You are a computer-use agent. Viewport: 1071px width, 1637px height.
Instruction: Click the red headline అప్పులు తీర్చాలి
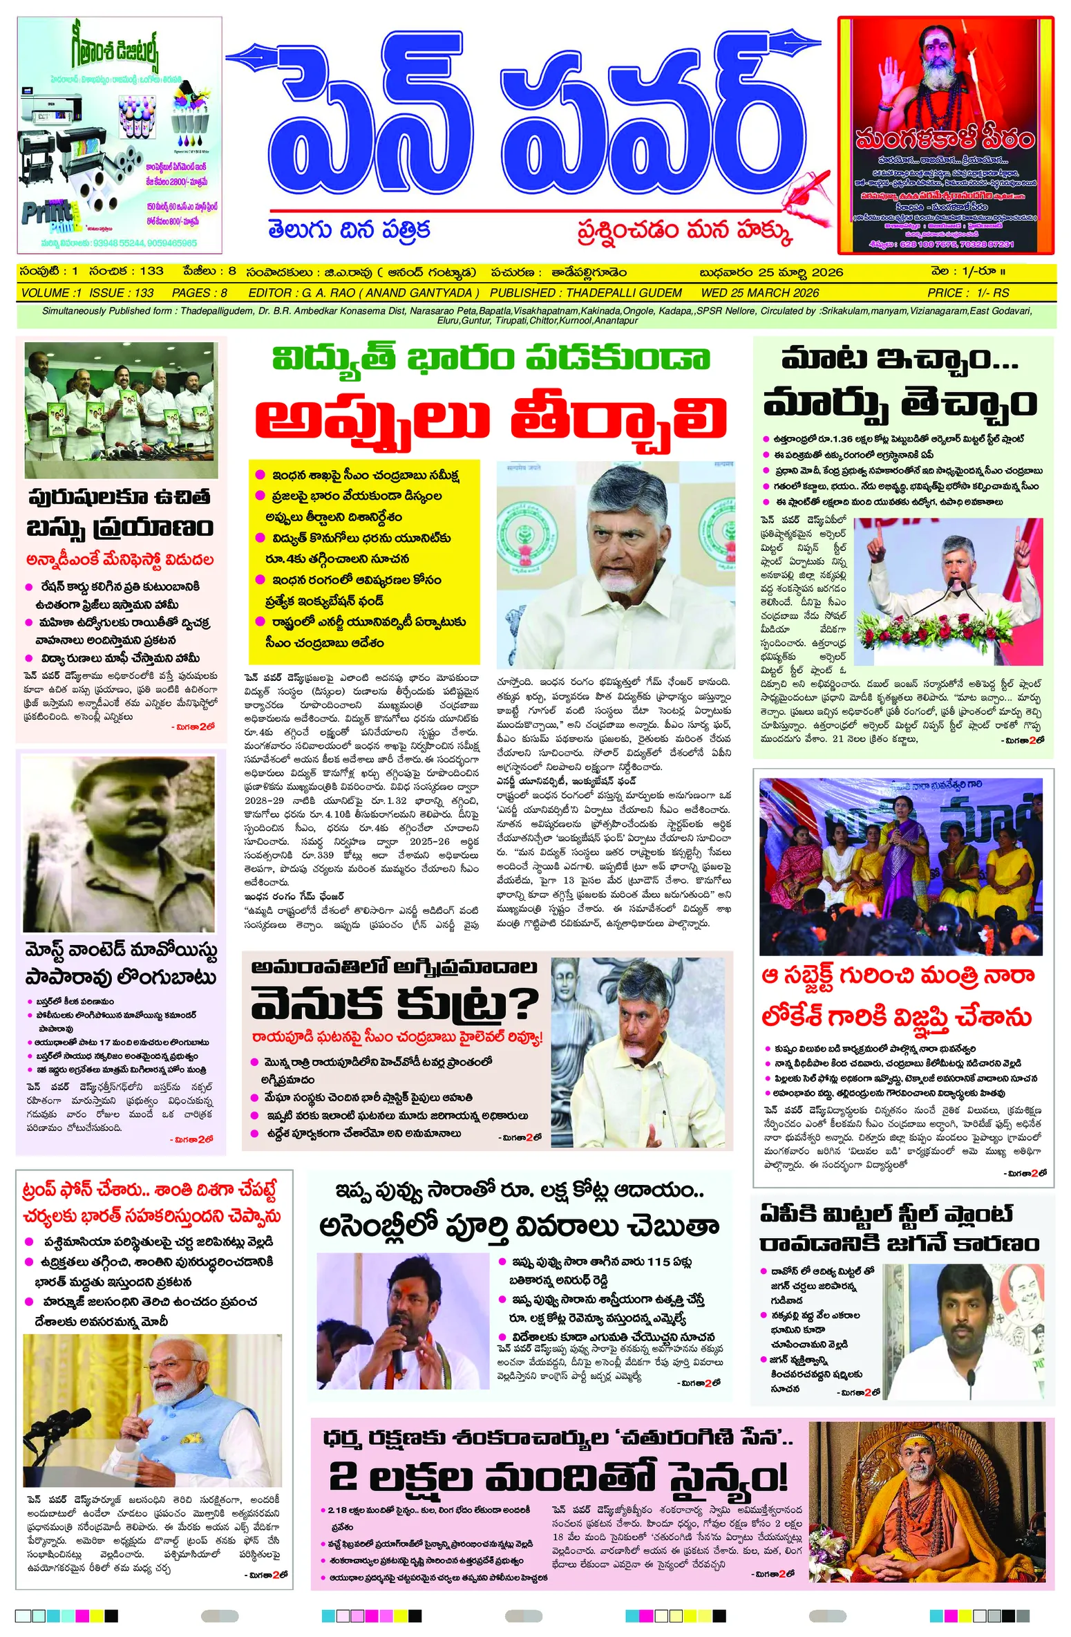[491, 418]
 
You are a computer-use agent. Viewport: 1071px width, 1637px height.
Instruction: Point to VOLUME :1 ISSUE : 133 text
[88, 292]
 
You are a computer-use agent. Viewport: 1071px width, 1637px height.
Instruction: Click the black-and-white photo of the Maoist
[119, 843]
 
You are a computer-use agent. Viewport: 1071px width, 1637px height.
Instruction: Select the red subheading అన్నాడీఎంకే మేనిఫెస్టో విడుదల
[120, 559]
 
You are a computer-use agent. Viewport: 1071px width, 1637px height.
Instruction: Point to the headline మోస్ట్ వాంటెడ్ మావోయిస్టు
[121, 951]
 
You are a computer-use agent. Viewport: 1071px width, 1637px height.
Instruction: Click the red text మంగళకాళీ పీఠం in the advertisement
[945, 140]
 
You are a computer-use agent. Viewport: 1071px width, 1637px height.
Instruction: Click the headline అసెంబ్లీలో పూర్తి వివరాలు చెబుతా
[519, 1226]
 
